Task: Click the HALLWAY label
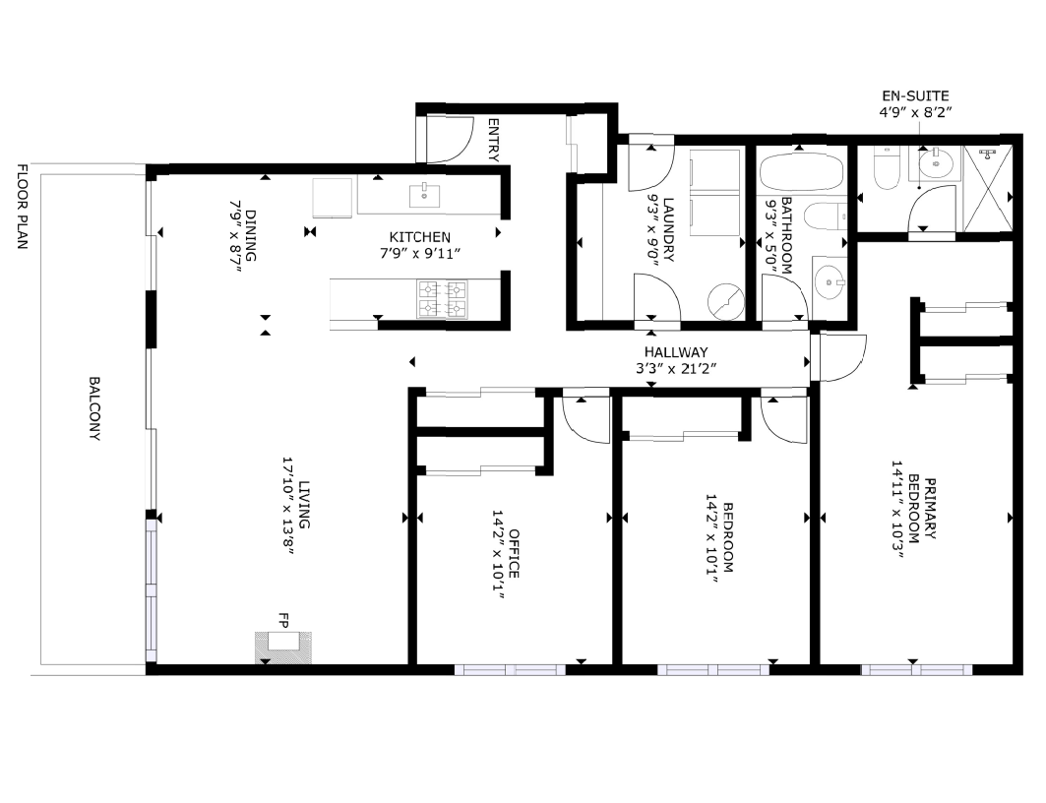pyautogui.click(x=675, y=352)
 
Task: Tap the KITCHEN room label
pyautogui.click(x=419, y=237)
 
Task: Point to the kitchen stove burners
pyautogui.click(x=443, y=299)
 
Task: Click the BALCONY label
pyautogui.click(x=94, y=408)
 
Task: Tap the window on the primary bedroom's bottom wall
pyautogui.click(x=916, y=670)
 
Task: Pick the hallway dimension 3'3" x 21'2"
pyautogui.click(x=675, y=368)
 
